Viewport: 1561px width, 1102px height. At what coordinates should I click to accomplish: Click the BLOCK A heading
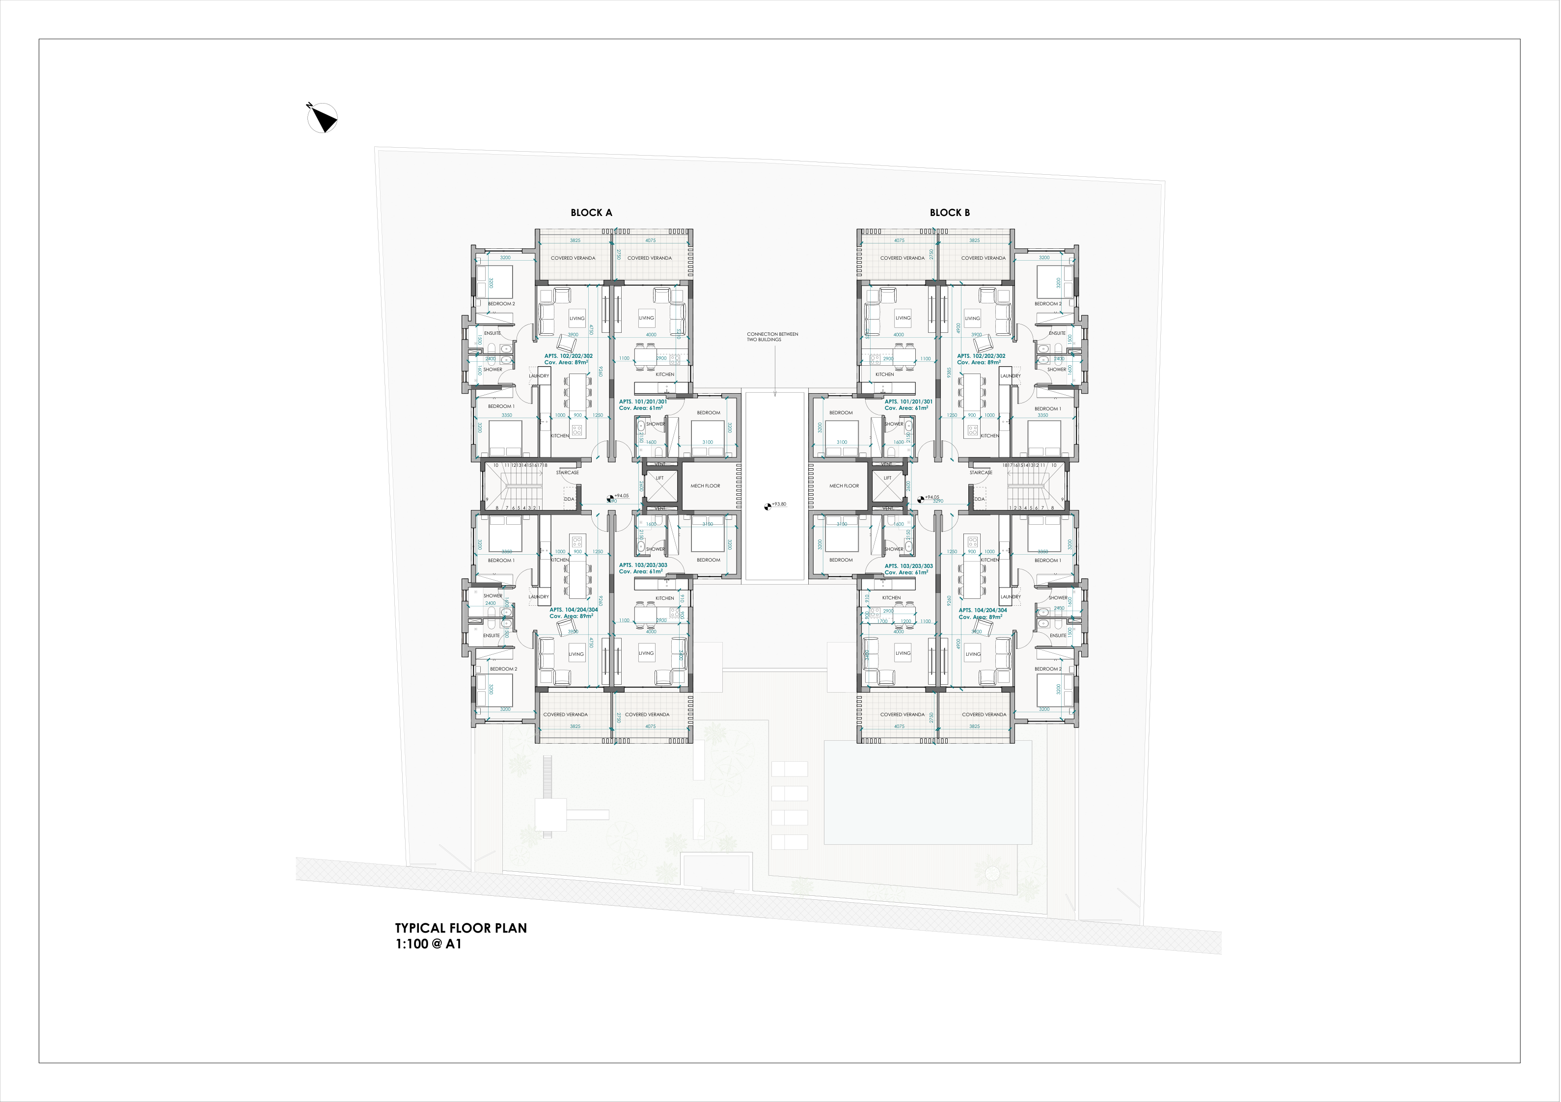(591, 213)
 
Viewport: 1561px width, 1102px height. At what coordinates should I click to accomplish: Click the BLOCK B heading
(950, 213)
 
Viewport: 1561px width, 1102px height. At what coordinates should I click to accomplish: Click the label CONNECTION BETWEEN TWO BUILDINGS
(772, 337)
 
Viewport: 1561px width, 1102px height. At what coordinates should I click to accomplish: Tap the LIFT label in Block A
(659, 478)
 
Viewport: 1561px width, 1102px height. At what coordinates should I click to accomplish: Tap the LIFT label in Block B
(887, 478)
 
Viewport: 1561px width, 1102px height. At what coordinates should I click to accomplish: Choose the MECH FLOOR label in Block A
(705, 486)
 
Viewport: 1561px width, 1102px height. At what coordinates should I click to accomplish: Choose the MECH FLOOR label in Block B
(844, 486)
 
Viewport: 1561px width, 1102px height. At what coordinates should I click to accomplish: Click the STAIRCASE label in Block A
(568, 473)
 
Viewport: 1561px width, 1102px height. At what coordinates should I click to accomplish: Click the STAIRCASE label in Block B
(981, 473)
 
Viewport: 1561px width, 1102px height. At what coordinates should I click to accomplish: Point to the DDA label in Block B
(979, 499)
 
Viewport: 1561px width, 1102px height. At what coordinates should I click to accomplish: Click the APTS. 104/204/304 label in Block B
(983, 611)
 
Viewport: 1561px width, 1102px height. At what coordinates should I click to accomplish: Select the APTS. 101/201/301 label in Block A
(642, 402)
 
